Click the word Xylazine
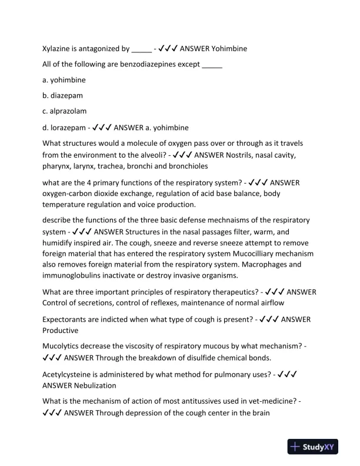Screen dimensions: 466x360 (58, 49)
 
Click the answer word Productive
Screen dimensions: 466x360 (60, 331)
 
